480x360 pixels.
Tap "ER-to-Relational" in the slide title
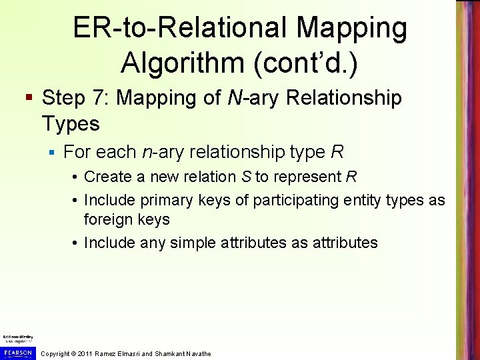click(160, 27)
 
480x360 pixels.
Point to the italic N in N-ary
click(235, 99)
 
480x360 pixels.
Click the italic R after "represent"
click(352, 177)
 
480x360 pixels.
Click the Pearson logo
click(17, 352)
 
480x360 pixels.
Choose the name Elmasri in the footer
click(128, 354)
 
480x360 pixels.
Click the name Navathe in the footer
click(197, 354)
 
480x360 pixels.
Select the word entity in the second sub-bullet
click(320, 201)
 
